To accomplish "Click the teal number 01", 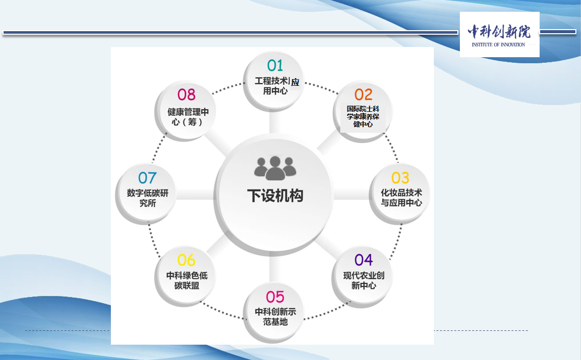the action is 275,65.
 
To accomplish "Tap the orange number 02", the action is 363,94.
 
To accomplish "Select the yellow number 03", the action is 400,178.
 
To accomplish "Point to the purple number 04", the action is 363,260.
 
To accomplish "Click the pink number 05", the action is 275,297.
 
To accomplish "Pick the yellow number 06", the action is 186,260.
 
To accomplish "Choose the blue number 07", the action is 148,178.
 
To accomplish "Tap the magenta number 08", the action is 187,95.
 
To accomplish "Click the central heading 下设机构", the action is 275,196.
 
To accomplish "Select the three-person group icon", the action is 275,168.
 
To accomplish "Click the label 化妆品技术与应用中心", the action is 401,198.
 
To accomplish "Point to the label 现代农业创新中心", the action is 363,280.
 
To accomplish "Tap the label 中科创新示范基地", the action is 275,317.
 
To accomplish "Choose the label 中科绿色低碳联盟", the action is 187,280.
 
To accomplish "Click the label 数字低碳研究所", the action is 148,198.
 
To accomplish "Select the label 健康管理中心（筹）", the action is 188,116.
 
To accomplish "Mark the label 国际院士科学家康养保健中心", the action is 363,116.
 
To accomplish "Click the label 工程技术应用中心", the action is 277,86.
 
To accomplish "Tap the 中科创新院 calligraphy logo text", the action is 499,32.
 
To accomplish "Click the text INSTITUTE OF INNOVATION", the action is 498,45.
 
